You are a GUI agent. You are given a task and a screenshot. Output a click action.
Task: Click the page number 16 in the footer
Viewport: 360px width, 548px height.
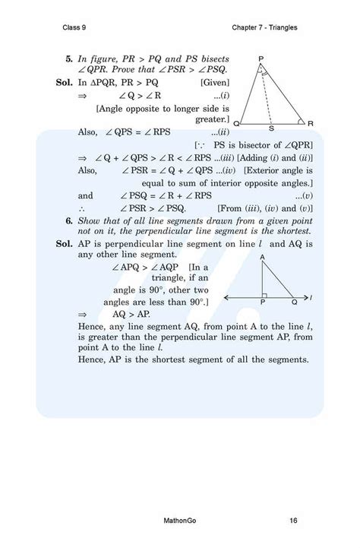click(x=293, y=521)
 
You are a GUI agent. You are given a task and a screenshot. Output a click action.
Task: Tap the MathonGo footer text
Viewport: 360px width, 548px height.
click(x=181, y=521)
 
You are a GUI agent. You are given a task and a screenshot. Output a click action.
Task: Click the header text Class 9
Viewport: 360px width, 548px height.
click(x=76, y=28)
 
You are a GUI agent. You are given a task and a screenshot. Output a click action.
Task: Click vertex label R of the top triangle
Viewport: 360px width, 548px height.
click(x=311, y=122)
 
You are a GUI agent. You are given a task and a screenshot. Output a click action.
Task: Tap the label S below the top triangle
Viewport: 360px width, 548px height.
click(x=272, y=128)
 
